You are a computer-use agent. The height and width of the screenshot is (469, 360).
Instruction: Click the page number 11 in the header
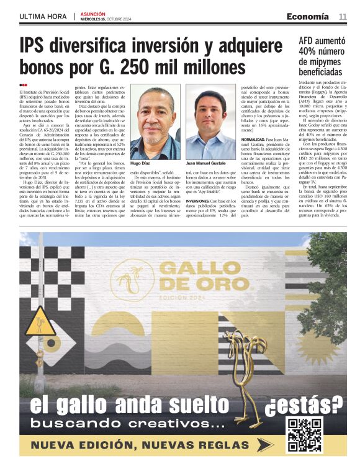(343, 16)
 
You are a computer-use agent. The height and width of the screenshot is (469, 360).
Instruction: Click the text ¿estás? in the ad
(304, 404)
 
